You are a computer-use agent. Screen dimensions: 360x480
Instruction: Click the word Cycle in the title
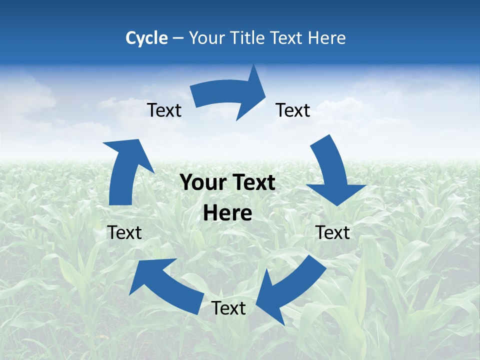[x=146, y=38]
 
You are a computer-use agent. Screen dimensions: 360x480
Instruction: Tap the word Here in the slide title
[x=326, y=38]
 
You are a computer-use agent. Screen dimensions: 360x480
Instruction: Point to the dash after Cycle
[x=178, y=38]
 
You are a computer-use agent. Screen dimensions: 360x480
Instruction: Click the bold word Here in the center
[x=227, y=213]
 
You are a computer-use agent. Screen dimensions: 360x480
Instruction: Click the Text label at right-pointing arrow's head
[x=293, y=110]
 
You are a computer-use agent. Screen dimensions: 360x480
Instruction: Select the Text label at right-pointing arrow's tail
[x=164, y=110]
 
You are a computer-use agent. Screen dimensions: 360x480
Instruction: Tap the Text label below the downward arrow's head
[x=332, y=232]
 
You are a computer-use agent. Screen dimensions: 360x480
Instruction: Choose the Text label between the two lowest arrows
[x=228, y=308]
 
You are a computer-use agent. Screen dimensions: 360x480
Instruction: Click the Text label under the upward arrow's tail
[x=124, y=232]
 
